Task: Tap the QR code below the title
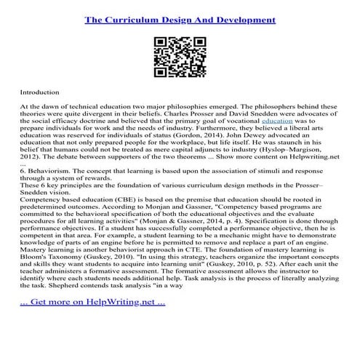coord(180,54)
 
